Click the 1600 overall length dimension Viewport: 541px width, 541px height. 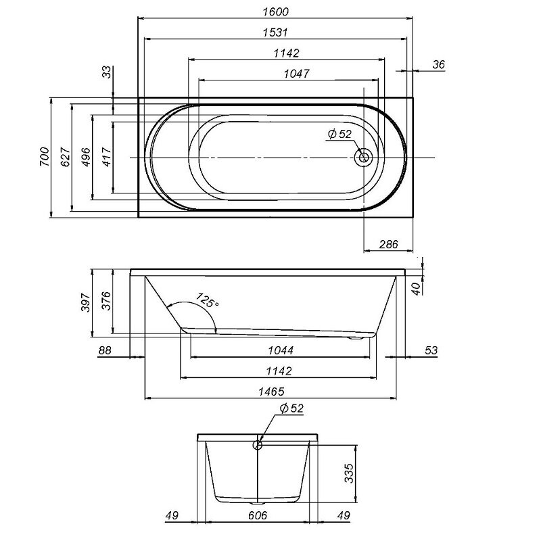[275, 11]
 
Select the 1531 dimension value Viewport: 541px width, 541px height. [275, 32]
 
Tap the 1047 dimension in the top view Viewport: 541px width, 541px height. [296, 74]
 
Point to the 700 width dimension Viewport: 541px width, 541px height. [45, 157]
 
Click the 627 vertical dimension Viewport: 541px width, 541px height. [65, 157]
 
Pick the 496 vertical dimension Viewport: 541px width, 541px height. [86, 157]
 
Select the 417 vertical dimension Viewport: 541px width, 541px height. [108, 157]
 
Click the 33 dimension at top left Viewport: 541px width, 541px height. [108, 72]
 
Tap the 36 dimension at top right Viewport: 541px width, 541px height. [438, 64]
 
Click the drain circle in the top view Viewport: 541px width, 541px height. [363, 158]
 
